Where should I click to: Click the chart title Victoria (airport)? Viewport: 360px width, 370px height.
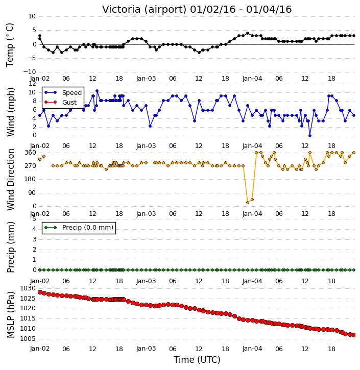[145, 10]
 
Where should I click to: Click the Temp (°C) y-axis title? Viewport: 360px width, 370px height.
[10, 45]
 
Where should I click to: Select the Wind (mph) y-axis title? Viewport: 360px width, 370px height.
[11, 112]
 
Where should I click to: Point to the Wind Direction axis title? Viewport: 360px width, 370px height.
[11, 179]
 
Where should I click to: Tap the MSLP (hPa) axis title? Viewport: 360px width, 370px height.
[11, 314]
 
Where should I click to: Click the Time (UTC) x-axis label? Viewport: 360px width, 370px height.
[197, 360]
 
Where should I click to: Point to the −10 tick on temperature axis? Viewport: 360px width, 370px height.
[29, 72]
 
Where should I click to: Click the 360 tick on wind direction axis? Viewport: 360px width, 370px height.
[30, 153]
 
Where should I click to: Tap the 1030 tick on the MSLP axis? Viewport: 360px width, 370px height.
[28, 288]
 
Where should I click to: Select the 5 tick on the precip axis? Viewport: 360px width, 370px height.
[34, 219]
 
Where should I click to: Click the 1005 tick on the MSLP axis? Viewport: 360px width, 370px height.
[28, 339]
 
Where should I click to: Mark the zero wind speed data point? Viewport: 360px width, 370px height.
[310, 136]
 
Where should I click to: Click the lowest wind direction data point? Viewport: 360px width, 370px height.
[248, 203]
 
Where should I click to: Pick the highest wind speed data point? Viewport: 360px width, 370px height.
[97, 91]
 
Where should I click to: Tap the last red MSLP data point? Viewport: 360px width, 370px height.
[354, 335]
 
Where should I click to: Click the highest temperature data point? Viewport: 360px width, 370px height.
[248, 33]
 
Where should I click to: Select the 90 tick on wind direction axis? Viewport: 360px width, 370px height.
[32, 193]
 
